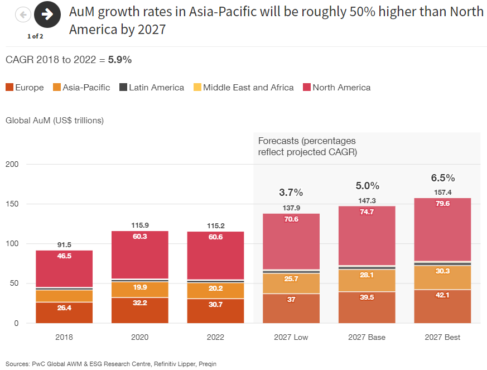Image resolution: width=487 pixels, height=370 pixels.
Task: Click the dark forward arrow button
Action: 47,15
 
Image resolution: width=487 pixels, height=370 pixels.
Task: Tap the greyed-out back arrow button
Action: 23,15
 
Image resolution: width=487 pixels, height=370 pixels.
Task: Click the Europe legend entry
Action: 25,88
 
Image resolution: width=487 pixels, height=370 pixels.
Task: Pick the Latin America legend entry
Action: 151,88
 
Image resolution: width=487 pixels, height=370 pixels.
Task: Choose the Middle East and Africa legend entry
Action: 243,88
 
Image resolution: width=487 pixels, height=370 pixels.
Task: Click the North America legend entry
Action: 336,88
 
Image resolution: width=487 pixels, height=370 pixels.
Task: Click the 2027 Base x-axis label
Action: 367,338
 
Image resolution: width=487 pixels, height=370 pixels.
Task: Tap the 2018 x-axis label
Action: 64,338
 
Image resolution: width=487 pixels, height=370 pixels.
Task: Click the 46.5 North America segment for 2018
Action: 64,256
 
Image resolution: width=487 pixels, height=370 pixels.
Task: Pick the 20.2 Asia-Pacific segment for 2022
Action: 215,289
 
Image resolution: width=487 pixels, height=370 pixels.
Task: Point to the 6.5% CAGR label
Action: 443,178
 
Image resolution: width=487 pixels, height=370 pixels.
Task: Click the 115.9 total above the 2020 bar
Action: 139,225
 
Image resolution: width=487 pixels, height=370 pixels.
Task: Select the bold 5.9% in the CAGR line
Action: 120,60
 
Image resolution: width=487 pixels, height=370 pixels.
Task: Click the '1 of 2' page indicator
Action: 35,36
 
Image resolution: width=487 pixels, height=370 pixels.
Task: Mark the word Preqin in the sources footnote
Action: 205,364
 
